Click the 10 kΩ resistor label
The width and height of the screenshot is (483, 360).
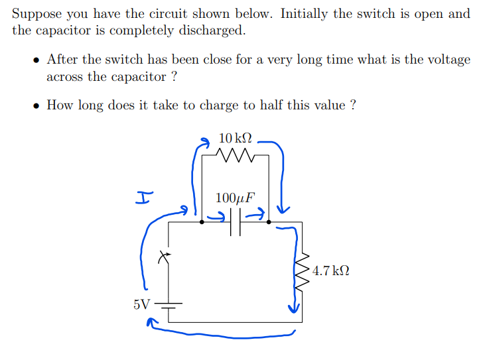point(236,139)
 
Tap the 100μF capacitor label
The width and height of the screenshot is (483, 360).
point(236,197)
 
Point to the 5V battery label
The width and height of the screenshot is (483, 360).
point(141,304)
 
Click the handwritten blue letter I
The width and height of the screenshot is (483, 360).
point(144,197)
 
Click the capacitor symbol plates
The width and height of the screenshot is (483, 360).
point(236,223)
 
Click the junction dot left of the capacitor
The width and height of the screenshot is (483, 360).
point(202,223)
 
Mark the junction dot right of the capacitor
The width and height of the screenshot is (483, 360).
point(269,223)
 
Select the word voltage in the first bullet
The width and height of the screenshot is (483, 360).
point(448,60)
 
